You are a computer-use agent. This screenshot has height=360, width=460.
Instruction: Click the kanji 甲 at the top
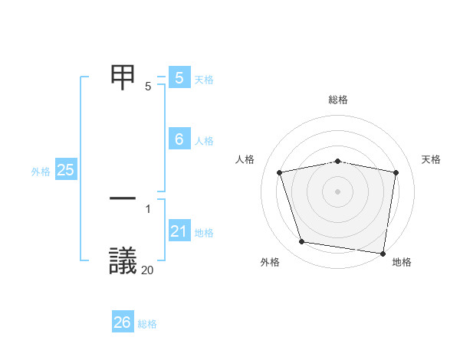pyautogui.click(x=125, y=77)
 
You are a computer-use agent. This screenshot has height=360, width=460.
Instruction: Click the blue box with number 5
pyautogui.click(x=179, y=78)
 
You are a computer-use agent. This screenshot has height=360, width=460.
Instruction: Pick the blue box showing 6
pyautogui.click(x=179, y=139)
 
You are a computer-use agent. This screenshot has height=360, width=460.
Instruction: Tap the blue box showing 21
pyautogui.click(x=179, y=231)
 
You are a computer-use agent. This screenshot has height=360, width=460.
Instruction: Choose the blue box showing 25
pyautogui.click(x=65, y=170)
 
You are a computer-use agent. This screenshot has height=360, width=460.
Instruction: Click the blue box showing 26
pyautogui.click(x=123, y=322)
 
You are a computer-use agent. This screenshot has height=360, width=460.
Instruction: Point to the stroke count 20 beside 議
pyautogui.click(x=148, y=270)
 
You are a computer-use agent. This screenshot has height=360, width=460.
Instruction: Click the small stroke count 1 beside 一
pyautogui.click(x=148, y=208)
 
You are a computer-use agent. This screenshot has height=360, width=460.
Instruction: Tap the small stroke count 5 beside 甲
pyautogui.click(x=148, y=86)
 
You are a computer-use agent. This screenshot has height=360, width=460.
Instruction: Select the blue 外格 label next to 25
pyautogui.click(x=41, y=172)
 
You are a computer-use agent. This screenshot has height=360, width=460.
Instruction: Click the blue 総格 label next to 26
pyautogui.click(x=147, y=324)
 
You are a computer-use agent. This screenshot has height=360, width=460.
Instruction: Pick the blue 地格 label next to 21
pyautogui.click(x=204, y=233)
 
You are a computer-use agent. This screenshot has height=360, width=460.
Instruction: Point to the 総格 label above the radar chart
pyautogui.click(x=338, y=100)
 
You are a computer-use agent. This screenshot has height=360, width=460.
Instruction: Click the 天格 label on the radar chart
pyautogui.click(x=431, y=159)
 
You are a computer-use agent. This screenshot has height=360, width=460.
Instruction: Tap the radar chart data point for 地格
pyautogui.click(x=382, y=252)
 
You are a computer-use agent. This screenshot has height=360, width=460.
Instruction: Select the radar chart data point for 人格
pyautogui.click(x=280, y=172)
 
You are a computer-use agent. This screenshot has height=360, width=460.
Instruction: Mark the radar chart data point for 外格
pyautogui.click(x=302, y=242)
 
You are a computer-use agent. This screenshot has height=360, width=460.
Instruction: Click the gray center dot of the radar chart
pyautogui.click(x=337, y=191)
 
